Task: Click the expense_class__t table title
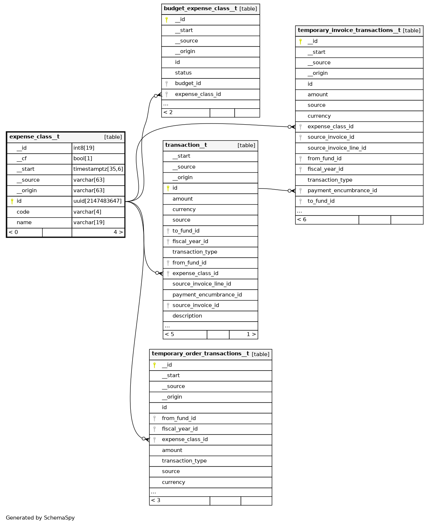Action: point(35,137)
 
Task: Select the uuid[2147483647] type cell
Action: point(97,201)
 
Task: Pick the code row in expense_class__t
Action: point(23,212)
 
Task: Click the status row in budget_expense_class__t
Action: point(183,73)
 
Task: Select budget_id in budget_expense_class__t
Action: point(188,83)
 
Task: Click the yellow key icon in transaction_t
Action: point(168,188)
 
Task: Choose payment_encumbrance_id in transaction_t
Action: point(207,295)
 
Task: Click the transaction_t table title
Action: point(186,145)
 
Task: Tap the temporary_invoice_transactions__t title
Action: point(349,31)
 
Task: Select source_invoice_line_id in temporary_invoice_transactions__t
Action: point(337,148)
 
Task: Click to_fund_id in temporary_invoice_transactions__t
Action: point(321,201)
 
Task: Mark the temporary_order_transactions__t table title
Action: point(200,354)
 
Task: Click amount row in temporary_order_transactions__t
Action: point(172,450)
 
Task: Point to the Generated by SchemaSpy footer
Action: point(40,518)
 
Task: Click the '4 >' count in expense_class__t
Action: point(118,232)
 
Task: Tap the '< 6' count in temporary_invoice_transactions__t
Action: point(301,219)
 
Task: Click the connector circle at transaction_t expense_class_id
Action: point(157,272)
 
